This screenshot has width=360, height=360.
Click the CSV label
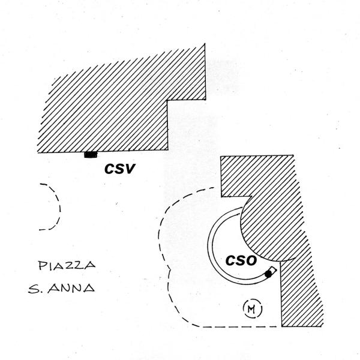pyautogui.click(x=118, y=169)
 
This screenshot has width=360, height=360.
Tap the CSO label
pyautogui.click(x=241, y=261)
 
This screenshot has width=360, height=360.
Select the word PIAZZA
pyautogui.click(x=67, y=265)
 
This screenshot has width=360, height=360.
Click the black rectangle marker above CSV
pyautogui.click(x=91, y=155)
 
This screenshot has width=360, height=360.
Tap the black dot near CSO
pyautogui.click(x=268, y=274)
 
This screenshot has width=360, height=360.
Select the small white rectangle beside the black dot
pyautogui.click(x=273, y=269)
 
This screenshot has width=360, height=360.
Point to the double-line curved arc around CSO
pyautogui.click(x=211, y=246)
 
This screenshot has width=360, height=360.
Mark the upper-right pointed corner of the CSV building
pyautogui.click(x=206, y=44)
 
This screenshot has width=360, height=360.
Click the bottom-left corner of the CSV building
pyautogui.click(x=37, y=152)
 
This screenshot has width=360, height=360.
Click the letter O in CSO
pyautogui.click(x=251, y=261)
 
